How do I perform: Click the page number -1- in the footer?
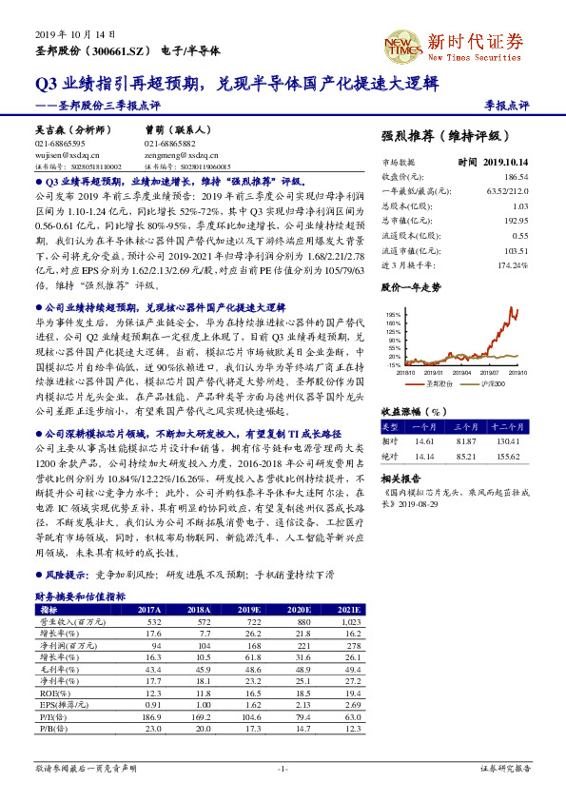[x=283, y=767]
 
